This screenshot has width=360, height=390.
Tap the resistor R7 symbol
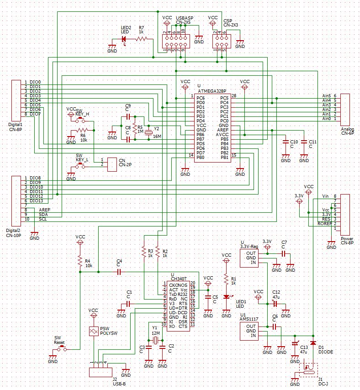(x=143, y=39)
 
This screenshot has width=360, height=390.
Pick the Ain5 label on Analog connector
(x=326, y=95)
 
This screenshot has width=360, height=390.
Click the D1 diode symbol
(x=313, y=342)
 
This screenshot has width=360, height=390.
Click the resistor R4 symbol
(x=80, y=262)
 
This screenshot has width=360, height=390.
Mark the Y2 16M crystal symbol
(x=148, y=132)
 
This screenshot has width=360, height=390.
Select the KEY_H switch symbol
(x=81, y=121)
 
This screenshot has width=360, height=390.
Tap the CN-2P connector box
(x=112, y=164)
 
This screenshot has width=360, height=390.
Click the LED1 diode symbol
(x=226, y=296)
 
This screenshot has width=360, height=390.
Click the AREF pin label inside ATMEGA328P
(x=222, y=130)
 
